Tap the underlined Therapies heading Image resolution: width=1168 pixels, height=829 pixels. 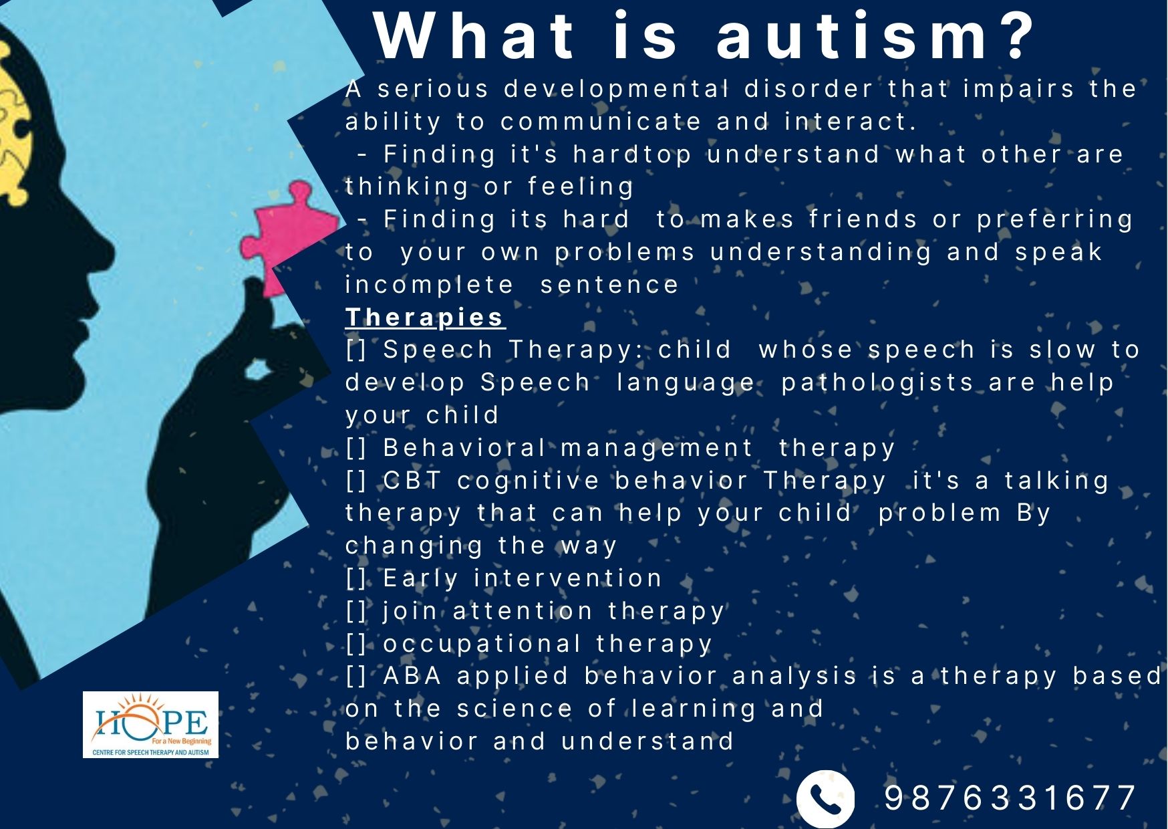(425, 318)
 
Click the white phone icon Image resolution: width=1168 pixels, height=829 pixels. (825, 798)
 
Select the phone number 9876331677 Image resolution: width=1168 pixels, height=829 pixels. (1010, 798)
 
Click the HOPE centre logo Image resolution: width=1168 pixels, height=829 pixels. (150, 725)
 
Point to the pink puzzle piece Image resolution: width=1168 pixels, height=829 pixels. (287, 237)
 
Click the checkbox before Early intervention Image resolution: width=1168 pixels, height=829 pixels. (356, 578)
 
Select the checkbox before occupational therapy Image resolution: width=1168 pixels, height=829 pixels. (356, 644)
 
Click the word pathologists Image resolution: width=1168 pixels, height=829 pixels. (877, 383)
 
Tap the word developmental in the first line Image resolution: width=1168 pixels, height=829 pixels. (616, 90)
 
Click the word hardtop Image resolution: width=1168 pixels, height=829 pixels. (632, 155)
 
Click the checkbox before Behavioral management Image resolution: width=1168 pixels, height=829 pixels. (356, 448)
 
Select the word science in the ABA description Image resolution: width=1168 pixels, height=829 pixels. (515, 709)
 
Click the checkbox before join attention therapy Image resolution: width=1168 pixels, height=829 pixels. (356, 611)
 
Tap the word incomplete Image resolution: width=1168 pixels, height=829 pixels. (429, 285)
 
